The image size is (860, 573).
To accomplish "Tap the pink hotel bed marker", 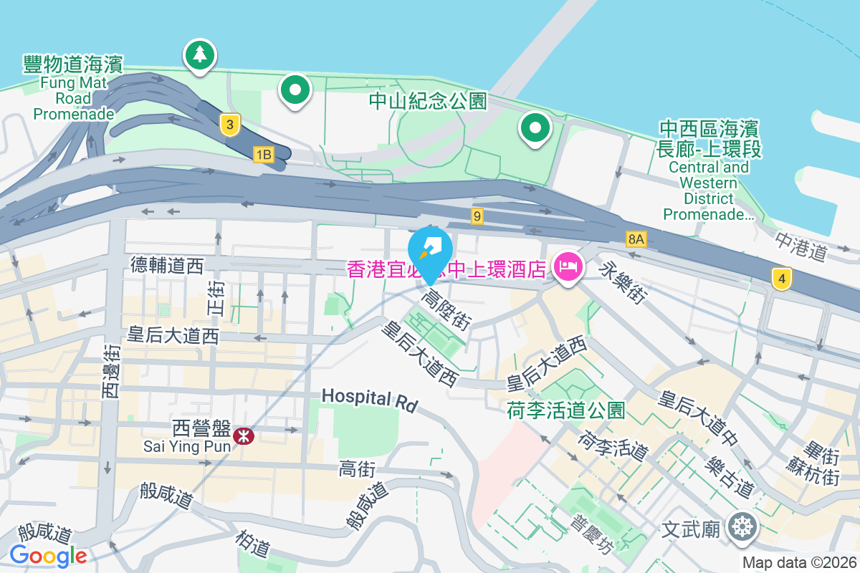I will click(568, 268).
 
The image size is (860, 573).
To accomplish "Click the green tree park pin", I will click(199, 54).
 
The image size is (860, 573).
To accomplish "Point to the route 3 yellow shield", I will click(229, 125).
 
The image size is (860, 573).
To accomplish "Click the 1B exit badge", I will click(263, 154).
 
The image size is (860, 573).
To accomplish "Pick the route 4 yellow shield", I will click(782, 278).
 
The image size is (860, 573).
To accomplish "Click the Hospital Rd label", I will click(369, 400).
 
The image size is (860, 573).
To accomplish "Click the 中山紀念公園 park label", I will click(428, 101).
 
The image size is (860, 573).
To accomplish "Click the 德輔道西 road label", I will click(167, 266).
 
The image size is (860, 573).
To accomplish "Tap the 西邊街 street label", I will click(111, 371).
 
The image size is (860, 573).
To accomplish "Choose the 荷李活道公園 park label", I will click(566, 410).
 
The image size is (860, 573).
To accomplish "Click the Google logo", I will click(48, 555).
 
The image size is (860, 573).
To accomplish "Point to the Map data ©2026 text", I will click(799, 563).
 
